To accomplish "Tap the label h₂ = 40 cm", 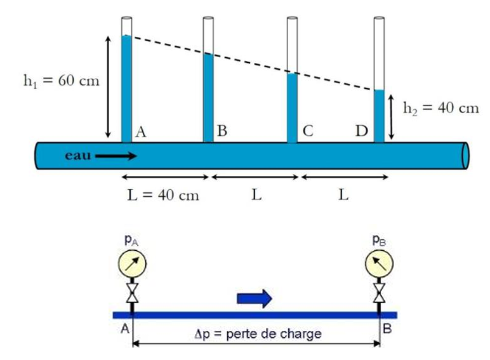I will (441, 108).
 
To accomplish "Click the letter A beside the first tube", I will (141, 131).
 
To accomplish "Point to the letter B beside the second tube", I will (222, 131).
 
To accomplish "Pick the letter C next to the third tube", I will (308, 131).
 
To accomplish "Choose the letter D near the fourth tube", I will (362, 131).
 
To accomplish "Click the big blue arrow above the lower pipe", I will (254, 297).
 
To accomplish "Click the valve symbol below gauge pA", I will (132, 293).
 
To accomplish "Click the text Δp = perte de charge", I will (256, 333).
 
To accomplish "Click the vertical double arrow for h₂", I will (392, 117).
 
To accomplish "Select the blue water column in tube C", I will (292, 108).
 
